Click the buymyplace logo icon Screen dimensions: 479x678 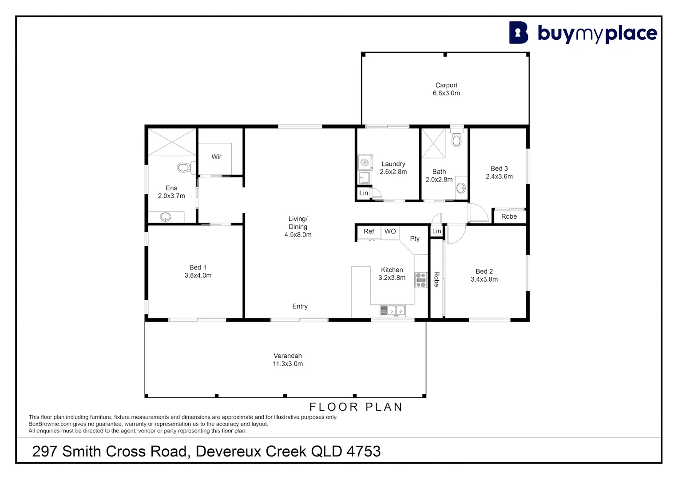[x=518, y=33]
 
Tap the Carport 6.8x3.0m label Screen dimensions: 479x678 [x=446, y=89]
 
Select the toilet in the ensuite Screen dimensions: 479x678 [x=184, y=168]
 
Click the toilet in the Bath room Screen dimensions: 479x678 [x=456, y=139]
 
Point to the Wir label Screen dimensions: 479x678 [x=216, y=157]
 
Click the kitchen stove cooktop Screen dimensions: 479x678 [x=420, y=280]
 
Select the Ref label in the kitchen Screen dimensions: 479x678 [x=369, y=232]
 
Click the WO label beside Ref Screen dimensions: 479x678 [x=390, y=232]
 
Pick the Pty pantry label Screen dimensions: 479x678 [x=415, y=239]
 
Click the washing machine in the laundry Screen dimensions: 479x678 [x=365, y=162]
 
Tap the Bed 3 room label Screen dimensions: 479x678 [x=499, y=172]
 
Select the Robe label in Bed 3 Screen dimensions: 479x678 [x=509, y=216]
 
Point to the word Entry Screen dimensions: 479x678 [x=300, y=306]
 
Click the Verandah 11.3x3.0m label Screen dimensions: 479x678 [x=288, y=360]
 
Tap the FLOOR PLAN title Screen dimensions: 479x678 [x=356, y=407]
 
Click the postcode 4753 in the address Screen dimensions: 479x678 [x=363, y=452]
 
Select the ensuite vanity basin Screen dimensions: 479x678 [x=166, y=217]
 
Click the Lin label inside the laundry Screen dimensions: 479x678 [x=363, y=193]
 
